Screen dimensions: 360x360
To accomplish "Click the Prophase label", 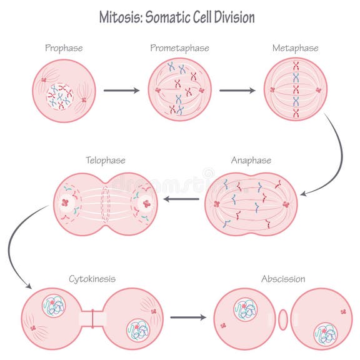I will [64, 47].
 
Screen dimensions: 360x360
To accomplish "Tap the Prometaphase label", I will [179, 47].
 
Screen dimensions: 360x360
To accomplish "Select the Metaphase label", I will [295, 47].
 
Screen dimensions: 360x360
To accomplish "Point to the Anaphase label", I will [251, 160].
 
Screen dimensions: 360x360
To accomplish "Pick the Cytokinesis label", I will [92, 278].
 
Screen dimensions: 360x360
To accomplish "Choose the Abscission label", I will [283, 278].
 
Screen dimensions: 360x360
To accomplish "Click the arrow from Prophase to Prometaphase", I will [121, 91].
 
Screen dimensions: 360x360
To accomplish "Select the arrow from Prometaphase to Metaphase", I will [237, 91].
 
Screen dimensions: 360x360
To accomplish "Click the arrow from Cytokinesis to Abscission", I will [187, 317].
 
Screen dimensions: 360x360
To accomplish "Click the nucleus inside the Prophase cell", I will [60, 96].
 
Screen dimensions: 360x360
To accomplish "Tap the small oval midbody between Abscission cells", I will [283, 319].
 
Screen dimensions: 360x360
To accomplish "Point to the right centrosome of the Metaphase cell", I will [317, 90].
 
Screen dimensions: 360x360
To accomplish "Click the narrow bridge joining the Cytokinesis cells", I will [92, 318].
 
